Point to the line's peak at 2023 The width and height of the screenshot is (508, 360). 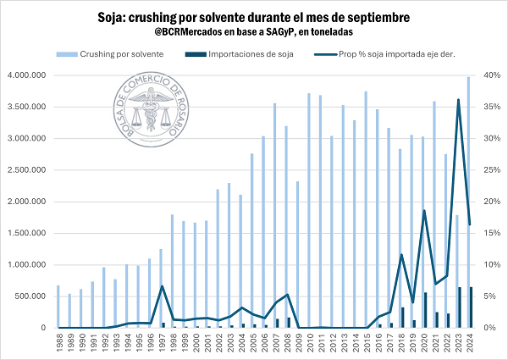tap(458, 100)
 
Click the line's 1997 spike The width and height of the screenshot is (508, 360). tap(162, 286)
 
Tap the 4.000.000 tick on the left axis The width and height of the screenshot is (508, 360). tap(31, 75)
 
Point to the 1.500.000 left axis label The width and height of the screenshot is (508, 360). tap(31, 233)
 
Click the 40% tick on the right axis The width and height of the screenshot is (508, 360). tap(490, 75)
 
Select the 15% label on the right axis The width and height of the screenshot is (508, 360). tap(490, 233)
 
